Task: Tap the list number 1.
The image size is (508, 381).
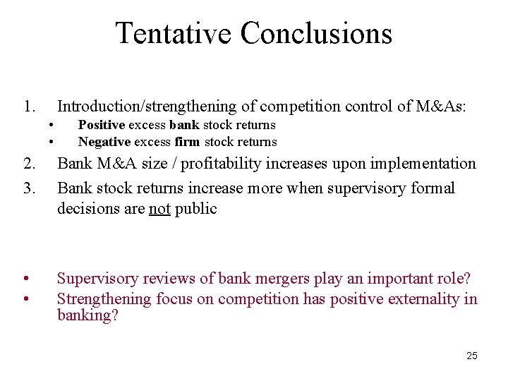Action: point(28,107)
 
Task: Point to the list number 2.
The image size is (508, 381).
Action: point(28,164)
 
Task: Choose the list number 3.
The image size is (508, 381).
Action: point(28,188)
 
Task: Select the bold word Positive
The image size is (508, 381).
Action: point(102,125)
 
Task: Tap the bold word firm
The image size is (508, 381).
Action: point(188,142)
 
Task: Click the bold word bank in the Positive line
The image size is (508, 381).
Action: point(184,125)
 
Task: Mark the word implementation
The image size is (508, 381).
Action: point(428,164)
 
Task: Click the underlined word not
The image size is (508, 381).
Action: point(159,209)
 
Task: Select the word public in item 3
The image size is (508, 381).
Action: point(195,209)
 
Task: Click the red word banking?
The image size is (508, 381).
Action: point(87,315)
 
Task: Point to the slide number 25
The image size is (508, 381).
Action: point(472,356)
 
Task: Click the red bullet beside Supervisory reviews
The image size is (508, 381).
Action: point(25,279)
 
